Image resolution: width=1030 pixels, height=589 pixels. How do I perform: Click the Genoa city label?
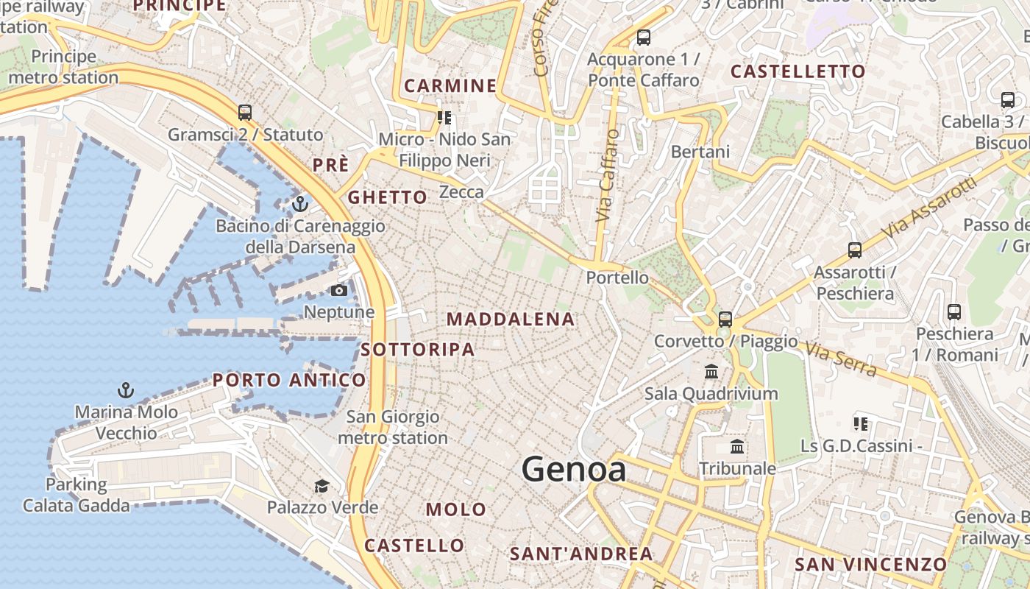click(574, 470)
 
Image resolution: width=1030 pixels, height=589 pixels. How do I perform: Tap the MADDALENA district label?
click(511, 319)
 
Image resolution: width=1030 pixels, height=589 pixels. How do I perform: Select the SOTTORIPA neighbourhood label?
click(418, 350)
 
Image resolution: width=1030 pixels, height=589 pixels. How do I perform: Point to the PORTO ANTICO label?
click(289, 380)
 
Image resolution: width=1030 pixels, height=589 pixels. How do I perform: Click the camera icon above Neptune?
click(338, 291)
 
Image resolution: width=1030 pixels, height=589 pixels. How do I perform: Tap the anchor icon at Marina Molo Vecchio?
click(126, 389)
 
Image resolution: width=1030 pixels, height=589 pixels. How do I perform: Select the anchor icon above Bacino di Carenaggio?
click(299, 203)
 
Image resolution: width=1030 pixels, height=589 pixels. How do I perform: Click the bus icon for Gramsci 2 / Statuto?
click(245, 113)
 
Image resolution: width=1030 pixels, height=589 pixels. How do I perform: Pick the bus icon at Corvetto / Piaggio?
click(725, 319)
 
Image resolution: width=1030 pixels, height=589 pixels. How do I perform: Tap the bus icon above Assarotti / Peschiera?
click(854, 250)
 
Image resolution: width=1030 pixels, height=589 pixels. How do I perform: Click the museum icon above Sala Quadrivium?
click(711, 371)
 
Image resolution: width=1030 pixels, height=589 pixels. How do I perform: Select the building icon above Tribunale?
click(737, 446)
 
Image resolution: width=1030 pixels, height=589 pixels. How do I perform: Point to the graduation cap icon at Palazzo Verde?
click(322, 486)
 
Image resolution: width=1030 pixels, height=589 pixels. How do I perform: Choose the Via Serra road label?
click(840, 359)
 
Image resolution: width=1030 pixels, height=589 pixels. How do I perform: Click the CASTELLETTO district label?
click(798, 71)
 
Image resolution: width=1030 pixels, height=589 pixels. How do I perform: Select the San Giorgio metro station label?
click(393, 427)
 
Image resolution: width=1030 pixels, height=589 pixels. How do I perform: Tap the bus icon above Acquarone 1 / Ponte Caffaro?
click(644, 37)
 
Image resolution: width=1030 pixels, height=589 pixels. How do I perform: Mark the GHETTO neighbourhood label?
click(387, 197)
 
